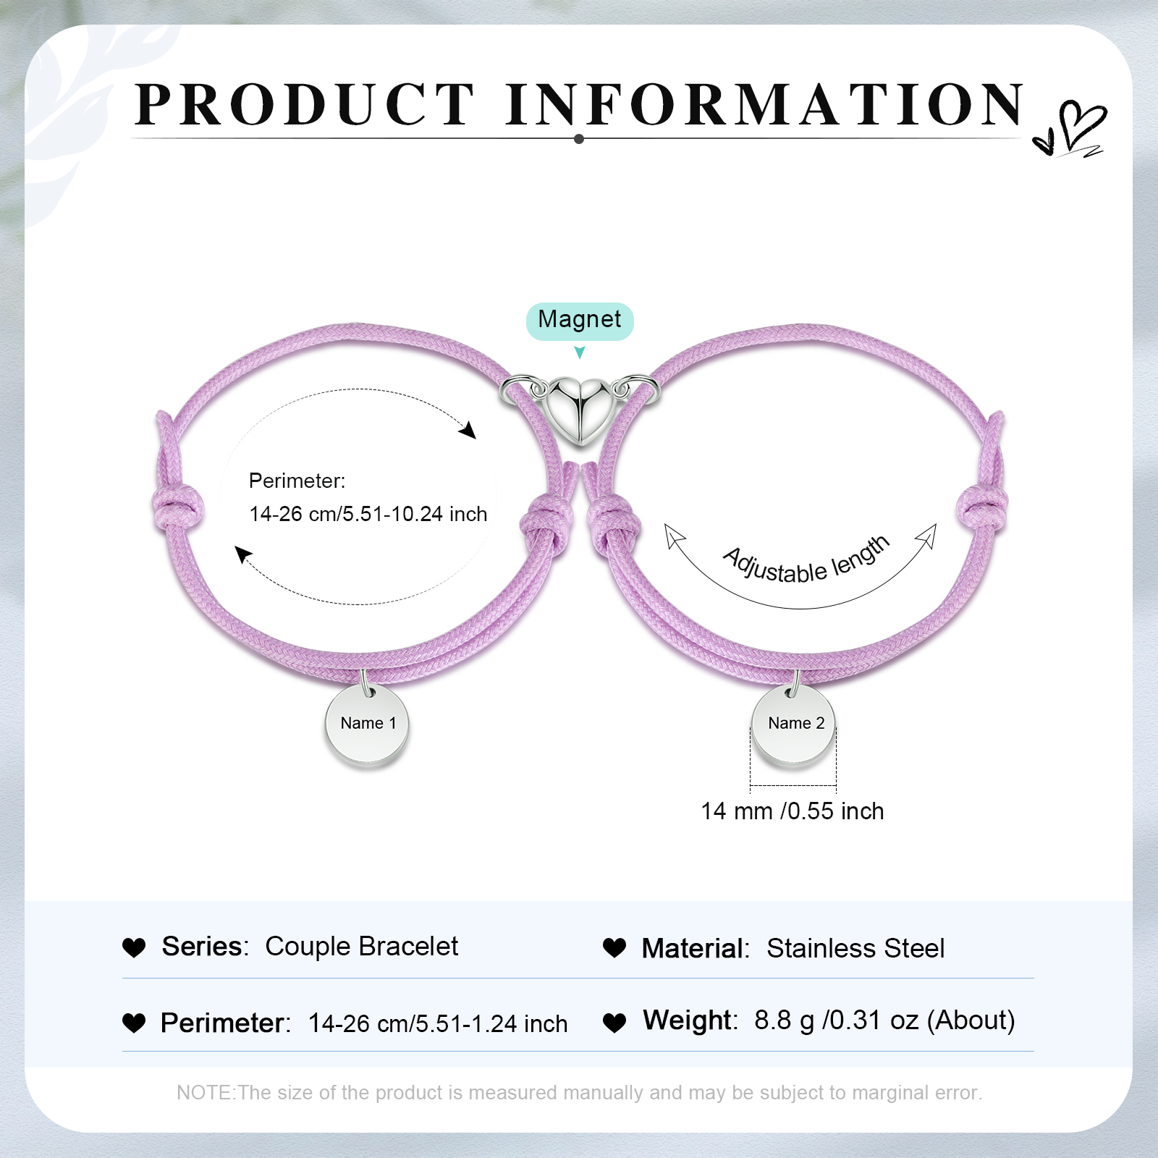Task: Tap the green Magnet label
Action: coord(580,321)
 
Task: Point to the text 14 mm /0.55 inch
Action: coord(793,811)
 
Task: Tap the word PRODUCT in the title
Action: coord(305,104)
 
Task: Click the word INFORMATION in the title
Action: coord(765,104)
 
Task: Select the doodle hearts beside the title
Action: coord(1070,129)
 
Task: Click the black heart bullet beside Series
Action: coord(134,947)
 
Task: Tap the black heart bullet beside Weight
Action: coord(614,1022)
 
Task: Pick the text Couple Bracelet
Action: coord(362,947)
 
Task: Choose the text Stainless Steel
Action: coord(855,948)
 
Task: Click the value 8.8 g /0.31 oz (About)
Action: coord(884,1020)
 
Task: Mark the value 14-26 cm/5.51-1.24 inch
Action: coord(438,1023)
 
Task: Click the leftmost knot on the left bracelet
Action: coord(177,507)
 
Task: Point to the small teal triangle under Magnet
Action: coord(580,352)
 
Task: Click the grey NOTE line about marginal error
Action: coord(580,1092)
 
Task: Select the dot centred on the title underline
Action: coord(579,139)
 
